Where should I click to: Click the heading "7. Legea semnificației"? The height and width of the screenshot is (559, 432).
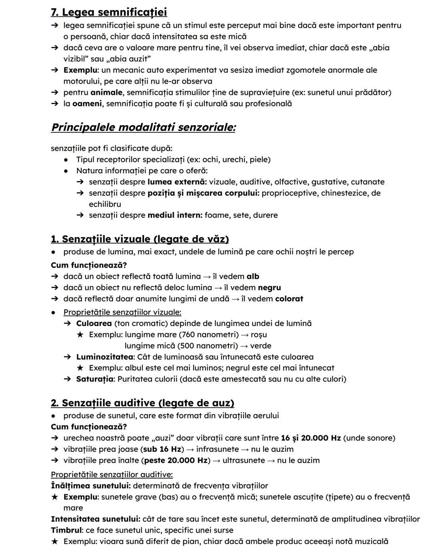[109, 12]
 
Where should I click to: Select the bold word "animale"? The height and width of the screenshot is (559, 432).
[106, 92]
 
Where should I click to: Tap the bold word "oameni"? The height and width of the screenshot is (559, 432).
[87, 104]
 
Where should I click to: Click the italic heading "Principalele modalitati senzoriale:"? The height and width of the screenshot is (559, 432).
[143, 127]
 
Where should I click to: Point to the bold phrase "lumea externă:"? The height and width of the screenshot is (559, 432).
[177, 182]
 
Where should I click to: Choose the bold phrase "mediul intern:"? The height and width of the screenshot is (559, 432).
[175, 215]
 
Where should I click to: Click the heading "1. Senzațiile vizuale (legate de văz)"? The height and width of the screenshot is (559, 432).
[140, 239]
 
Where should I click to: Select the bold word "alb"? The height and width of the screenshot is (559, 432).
[253, 276]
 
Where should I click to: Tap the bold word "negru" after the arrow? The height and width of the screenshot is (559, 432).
[269, 288]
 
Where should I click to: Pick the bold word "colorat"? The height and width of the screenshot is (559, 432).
[289, 299]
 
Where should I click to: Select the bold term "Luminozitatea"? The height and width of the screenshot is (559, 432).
[104, 357]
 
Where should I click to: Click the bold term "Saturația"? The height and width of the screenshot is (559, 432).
[95, 379]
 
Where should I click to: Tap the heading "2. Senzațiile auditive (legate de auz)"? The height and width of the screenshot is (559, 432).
[142, 403]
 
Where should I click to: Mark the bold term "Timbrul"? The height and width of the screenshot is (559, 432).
[66, 530]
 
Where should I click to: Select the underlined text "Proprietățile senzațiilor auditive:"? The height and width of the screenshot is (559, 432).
[112, 475]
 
